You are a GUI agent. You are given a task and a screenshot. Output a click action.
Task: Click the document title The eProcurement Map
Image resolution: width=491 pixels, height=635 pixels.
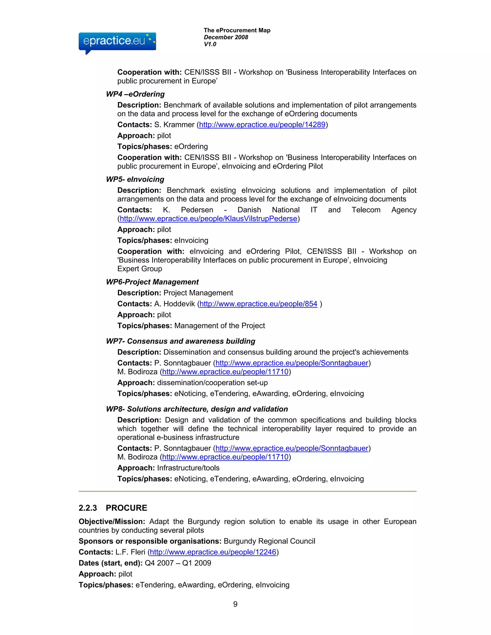click(237, 30)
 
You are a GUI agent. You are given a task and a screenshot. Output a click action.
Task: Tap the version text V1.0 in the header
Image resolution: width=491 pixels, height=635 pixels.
click(210, 44)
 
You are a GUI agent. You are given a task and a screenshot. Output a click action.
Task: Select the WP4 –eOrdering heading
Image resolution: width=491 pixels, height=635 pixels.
click(135, 94)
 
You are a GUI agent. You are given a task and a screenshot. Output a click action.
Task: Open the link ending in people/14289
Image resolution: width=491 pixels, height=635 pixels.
click(262, 125)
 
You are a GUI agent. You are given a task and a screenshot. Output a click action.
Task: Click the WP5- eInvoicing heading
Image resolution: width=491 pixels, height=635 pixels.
click(135, 179)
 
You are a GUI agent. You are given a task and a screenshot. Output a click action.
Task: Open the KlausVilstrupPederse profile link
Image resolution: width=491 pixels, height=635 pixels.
click(208, 219)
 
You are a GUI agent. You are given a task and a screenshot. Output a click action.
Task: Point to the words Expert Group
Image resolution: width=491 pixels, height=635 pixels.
click(140, 269)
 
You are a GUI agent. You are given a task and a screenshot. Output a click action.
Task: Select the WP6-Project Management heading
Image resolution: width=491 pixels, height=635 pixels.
click(152, 282)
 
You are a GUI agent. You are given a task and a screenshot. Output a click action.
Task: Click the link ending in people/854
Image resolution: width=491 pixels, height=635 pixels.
click(258, 304)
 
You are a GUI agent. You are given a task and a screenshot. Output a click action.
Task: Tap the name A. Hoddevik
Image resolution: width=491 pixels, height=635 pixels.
click(175, 304)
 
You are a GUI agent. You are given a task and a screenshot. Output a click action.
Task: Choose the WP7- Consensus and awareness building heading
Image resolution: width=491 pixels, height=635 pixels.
click(180, 341)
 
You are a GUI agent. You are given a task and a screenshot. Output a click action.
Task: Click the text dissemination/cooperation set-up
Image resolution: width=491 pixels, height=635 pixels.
click(212, 383)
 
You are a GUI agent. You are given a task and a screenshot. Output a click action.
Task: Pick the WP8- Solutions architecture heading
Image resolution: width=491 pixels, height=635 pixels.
click(197, 409)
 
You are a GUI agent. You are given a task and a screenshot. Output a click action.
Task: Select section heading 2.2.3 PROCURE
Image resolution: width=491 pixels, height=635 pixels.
click(113, 508)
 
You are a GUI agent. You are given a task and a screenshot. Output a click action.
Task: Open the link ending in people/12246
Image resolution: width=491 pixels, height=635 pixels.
click(213, 552)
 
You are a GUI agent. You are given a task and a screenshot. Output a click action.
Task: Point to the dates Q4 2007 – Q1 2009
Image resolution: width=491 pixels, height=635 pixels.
click(178, 563)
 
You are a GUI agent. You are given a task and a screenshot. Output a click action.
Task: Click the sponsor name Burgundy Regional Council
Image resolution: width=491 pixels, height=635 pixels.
click(269, 541)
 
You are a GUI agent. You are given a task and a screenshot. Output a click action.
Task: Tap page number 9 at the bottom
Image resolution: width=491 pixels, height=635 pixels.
click(235, 604)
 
